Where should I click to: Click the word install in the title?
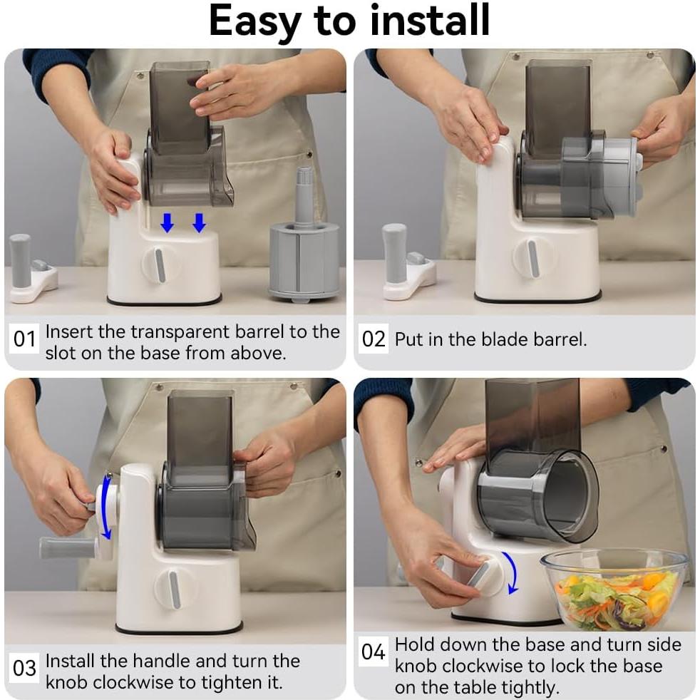click(x=430, y=20)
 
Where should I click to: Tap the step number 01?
click(x=24, y=339)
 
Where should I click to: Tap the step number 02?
click(x=374, y=339)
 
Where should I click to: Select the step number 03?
click(x=24, y=669)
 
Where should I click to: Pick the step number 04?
click(x=374, y=652)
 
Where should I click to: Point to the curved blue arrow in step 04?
click(x=515, y=572)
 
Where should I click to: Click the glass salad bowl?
click(x=614, y=590)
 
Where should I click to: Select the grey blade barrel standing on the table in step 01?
click(x=304, y=237)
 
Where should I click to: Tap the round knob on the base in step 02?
click(x=532, y=258)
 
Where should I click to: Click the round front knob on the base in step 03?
click(x=174, y=589)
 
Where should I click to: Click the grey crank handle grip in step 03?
click(x=67, y=548)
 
